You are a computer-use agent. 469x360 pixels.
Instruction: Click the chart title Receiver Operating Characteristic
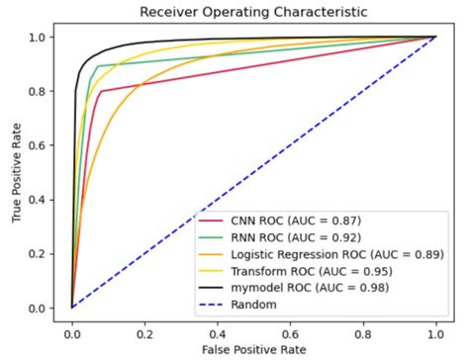coord(253,13)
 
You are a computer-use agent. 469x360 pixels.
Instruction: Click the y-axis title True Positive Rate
coord(17,172)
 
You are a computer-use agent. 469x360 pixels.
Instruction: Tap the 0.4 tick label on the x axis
coord(218,327)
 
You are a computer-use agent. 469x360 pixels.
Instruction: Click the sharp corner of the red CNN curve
coord(101,91)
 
